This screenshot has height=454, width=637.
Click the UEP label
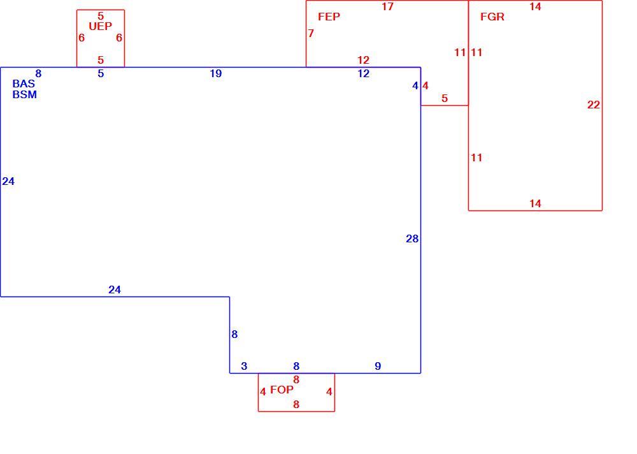pos(101,26)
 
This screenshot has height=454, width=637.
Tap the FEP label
pos(329,17)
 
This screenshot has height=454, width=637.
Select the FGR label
pos(492,17)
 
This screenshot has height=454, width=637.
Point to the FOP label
pos(282,390)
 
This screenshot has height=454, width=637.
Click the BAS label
pos(24,84)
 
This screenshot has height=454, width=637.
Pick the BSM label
pos(24,94)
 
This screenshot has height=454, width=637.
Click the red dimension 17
pos(387,6)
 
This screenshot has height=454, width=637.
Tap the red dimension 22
pos(594,105)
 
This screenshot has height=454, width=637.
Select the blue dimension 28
pos(412,239)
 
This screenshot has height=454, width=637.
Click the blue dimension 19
pos(216,73)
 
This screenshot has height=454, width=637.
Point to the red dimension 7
pos(311,33)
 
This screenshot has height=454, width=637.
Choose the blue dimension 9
pos(378,366)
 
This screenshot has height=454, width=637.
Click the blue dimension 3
pos(244,366)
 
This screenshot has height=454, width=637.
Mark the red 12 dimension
pos(363,60)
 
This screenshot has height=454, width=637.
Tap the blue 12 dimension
pos(363,73)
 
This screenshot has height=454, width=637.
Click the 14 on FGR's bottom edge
pos(535,203)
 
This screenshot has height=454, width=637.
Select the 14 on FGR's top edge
pos(535,6)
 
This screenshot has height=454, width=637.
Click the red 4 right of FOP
pos(329,392)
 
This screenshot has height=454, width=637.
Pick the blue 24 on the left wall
pos(8,182)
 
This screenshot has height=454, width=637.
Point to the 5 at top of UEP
pos(101,17)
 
